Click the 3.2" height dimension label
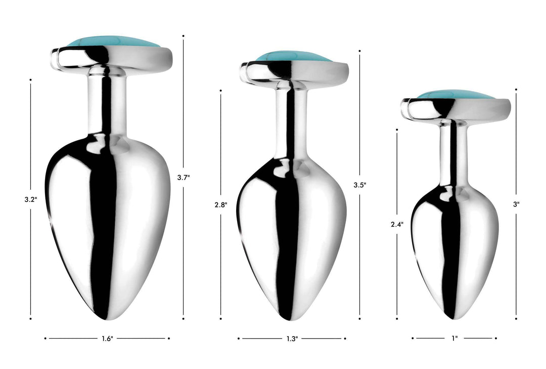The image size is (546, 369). [31, 199]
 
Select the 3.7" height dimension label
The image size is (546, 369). [184, 177]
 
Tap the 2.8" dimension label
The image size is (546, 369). [221, 204]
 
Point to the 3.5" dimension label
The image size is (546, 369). [360, 185]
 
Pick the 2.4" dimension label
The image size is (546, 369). [397, 224]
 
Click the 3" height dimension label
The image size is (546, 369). [516, 204]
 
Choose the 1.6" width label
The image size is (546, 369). [107, 338]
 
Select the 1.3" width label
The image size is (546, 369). [292, 338]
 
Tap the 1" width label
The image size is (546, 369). [454, 338]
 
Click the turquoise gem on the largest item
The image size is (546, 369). [112, 42]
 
